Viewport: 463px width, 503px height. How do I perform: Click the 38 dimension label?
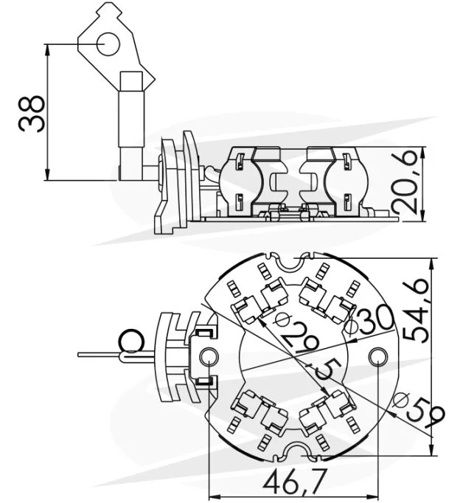(32, 114)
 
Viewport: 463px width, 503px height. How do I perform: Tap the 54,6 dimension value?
(415, 311)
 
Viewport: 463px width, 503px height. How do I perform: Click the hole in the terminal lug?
(108, 44)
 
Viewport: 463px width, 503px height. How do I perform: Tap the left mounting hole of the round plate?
(209, 356)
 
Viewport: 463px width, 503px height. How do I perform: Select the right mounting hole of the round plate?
(378, 357)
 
